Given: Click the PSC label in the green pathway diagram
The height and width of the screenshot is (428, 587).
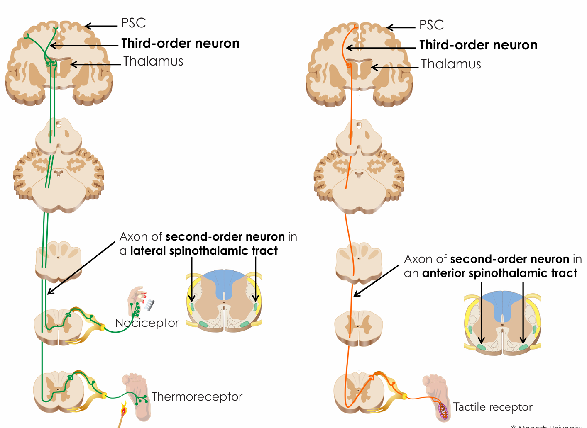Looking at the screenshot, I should tap(133, 23).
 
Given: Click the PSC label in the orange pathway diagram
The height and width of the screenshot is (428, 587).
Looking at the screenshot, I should tap(431, 25).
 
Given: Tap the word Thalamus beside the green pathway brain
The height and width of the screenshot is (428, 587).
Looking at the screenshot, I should tap(153, 61).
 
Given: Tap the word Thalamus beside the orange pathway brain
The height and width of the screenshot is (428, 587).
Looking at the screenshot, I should tap(451, 64).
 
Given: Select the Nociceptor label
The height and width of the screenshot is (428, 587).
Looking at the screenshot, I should tap(147, 323).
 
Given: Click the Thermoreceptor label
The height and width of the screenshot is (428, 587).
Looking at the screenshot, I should tap(197, 397).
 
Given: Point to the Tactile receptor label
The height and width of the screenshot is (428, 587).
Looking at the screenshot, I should tap(492, 407).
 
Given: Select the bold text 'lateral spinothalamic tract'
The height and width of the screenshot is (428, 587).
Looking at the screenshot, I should tap(204, 251).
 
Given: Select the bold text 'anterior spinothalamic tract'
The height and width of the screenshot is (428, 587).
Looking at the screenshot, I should tap(499, 273).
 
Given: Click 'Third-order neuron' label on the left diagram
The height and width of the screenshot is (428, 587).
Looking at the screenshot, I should tap(180, 44).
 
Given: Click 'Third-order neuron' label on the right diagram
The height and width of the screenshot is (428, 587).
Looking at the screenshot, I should tap(478, 45).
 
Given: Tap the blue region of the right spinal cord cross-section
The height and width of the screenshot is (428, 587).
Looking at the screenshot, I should tap(502, 305).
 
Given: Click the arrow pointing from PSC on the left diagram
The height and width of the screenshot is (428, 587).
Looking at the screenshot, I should tap(102, 26).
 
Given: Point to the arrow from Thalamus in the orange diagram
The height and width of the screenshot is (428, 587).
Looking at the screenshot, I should tap(394, 67).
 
